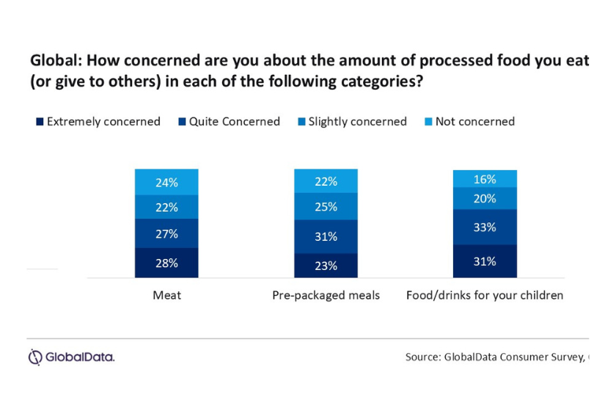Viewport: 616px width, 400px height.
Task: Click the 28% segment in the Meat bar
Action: [x=166, y=263]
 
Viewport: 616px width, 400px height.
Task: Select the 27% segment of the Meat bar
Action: [x=166, y=233]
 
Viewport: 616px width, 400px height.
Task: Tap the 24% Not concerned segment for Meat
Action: [x=166, y=182]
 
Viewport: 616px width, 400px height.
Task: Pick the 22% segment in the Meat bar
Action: [x=166, y=207]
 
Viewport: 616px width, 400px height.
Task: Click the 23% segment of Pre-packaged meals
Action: [x=326, y=266]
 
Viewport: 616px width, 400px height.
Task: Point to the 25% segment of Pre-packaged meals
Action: [x=326, y=206]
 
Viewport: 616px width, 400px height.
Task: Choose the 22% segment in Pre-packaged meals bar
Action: [x=326, y=181]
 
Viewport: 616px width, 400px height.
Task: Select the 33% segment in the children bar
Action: [x=485, y=227]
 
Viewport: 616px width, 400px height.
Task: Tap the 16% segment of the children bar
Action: [x=485, y=179]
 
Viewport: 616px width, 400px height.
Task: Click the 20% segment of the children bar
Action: [x=485, y=198]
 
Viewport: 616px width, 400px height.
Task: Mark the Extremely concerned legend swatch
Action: [x=40, y=122]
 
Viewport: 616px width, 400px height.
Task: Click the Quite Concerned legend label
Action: [x=235, y=122]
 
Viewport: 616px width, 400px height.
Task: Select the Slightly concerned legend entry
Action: [x=353, y=122]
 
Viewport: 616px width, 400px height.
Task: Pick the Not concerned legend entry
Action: [x=470, y=122]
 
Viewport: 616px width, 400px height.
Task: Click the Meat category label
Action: [x=167, y=295]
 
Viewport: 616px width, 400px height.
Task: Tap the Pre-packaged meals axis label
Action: [x=326, y=295]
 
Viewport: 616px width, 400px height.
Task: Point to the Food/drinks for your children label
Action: [x=485, y=295]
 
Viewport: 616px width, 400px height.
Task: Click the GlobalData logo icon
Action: [x=35, y=357]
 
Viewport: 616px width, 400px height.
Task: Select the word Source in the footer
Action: [x=422, y=357]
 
